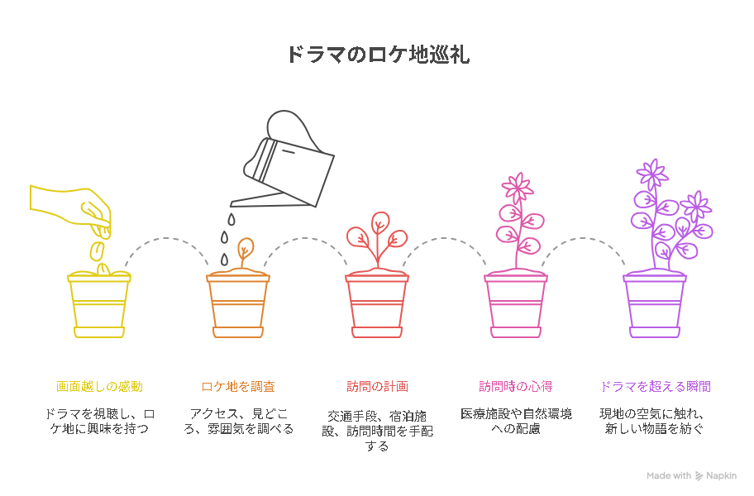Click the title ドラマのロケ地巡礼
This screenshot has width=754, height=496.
[x=378, y=55]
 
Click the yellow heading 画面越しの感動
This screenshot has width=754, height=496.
[x=99, y=386]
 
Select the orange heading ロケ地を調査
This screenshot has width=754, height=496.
[x=238, y=386]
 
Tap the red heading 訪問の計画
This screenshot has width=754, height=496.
[x=378, y=386]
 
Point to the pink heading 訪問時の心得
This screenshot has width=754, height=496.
[x=516, y=386]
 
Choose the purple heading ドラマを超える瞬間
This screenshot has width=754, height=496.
[x=656, y=386]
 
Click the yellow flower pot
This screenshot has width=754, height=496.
[x=99, y=305]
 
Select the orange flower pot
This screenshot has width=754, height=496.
[x=238, y=305]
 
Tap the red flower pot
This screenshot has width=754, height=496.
[x=377, y=305]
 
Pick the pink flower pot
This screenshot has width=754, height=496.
[x=516, y=305]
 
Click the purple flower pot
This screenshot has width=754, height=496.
[x=655, y=305]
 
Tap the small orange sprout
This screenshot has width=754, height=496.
[x=245, y=250]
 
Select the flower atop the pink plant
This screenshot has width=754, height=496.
[x=518, y=188]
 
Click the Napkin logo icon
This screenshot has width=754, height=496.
[x=699, y=476]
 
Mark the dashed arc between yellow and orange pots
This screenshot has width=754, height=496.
[x=166, y=238]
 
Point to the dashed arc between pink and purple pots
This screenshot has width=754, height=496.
[x=584, y=238]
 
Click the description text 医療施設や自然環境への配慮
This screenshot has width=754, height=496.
[x=516, y=421]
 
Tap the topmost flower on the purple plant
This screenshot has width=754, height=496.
[x=652, y=174]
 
